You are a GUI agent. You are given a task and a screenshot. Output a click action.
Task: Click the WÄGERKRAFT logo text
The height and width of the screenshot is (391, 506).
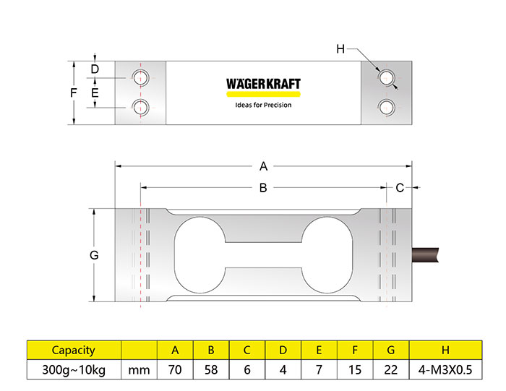click(263, 83)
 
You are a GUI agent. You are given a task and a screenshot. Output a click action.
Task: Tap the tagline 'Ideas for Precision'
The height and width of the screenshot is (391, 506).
click(263, 105)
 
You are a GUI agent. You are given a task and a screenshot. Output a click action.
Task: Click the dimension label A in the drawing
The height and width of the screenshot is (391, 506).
click(263, 166)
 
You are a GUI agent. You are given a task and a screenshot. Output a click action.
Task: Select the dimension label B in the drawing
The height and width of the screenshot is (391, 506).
click(263, 187)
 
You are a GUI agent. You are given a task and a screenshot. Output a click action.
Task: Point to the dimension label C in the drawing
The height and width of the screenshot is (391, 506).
click(400, 187)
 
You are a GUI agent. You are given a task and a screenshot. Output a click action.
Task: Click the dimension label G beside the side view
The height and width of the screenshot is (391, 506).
click(94, 255)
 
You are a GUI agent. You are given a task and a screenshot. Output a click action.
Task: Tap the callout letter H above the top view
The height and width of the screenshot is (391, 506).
click(340, 49)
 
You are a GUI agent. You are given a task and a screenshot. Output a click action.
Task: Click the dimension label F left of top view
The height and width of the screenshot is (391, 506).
click(74, 93)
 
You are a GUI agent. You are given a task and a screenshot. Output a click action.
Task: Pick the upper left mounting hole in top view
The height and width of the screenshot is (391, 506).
click(141, 78)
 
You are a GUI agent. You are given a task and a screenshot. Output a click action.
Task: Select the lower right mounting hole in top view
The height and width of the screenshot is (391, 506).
click(386, 107)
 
